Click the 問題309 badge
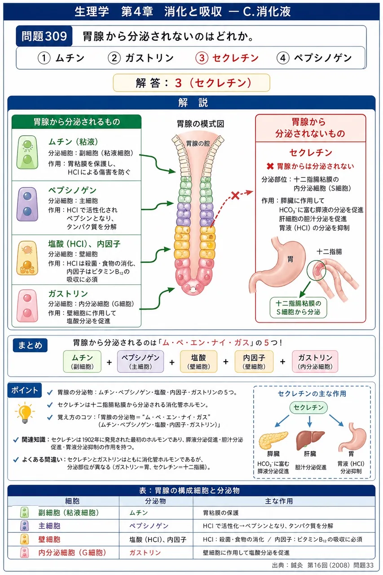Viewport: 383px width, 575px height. [x=44, y=36]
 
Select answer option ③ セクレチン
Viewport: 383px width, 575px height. [x=227, y=58]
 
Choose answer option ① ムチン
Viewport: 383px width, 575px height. [x=61, y=58]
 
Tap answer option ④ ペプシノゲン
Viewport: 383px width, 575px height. [x=314, y=58]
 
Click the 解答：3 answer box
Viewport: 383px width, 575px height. [x=191, y=83]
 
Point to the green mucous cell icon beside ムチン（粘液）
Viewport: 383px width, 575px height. [x=27, y=152]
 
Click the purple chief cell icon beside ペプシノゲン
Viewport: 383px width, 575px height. [x=27, y=204]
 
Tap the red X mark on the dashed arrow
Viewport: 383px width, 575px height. [x=235, y=195]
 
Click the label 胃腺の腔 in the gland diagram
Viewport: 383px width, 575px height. [x=198, y=143]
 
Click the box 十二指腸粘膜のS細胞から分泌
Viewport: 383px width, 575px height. [x=298, y=308]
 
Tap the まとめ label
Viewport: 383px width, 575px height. [x=30, y=345]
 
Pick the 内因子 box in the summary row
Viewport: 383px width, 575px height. [x=254, y=362]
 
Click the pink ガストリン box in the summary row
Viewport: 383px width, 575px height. [x=315, y=362]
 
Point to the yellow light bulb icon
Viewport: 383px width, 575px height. [x=25, y=413]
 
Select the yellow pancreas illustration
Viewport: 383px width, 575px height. [x=273, y=440]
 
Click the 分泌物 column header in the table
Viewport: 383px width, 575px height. [x=155, y=501]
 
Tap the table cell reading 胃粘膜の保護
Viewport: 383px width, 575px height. [x=220, y=513]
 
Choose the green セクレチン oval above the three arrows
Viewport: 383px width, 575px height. [x=308, y=407]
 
